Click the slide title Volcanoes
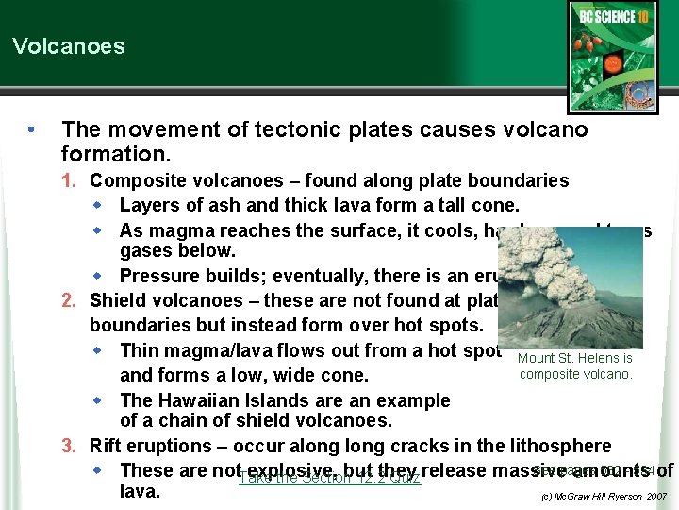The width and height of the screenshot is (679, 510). pos(68,46)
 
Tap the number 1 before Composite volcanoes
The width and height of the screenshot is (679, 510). pos(68,180)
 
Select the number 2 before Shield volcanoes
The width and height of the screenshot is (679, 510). pos(68,301)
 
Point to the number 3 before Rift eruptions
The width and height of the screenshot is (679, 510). pos(68,446)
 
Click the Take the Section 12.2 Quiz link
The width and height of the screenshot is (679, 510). pos(329,478)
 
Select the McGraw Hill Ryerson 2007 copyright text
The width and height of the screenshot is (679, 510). pos(604,496)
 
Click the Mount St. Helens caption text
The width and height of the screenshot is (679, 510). pos(575,366)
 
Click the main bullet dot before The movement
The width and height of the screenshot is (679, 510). pos(33,129)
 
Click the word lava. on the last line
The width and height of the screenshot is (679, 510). pos(141,492)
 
